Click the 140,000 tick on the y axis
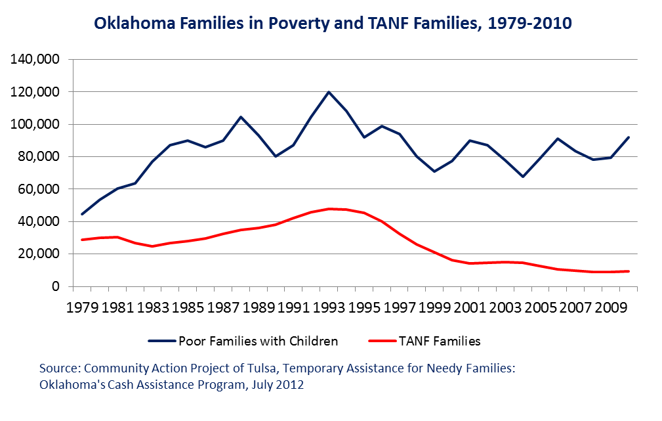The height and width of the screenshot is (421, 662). coord(34,60)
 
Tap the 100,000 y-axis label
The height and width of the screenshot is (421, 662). coord(34,125)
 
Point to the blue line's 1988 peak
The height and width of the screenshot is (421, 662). coord(241,117)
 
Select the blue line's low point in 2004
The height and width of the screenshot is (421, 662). coord(523,176)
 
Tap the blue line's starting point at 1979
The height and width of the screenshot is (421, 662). coord(82,214)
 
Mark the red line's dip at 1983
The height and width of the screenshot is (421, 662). coord(152,246)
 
